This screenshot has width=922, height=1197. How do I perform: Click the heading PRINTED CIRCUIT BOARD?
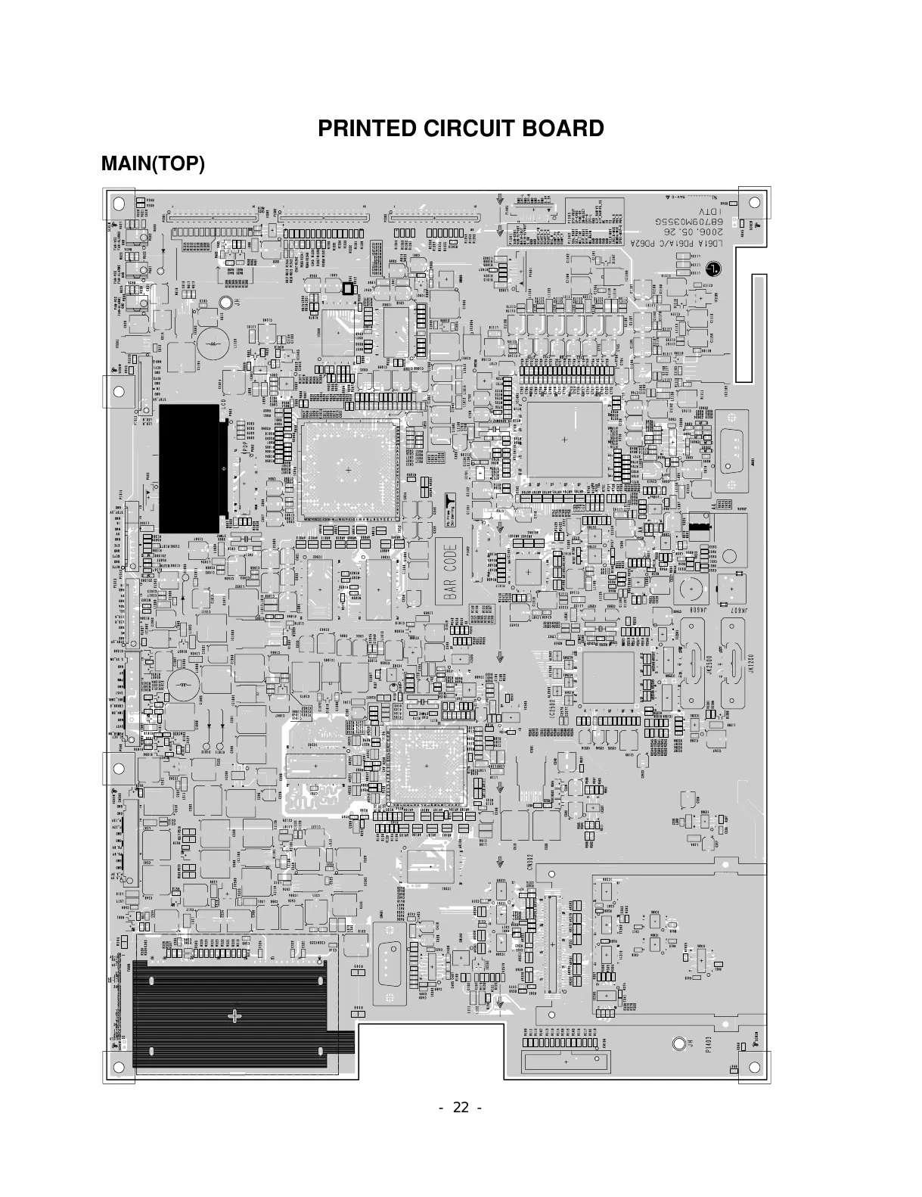coord(461,129)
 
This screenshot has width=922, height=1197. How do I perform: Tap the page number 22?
coord(461,1108)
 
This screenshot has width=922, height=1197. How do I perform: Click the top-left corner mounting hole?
coord(119,203)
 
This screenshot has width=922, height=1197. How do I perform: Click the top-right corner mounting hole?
coord(754,202)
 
